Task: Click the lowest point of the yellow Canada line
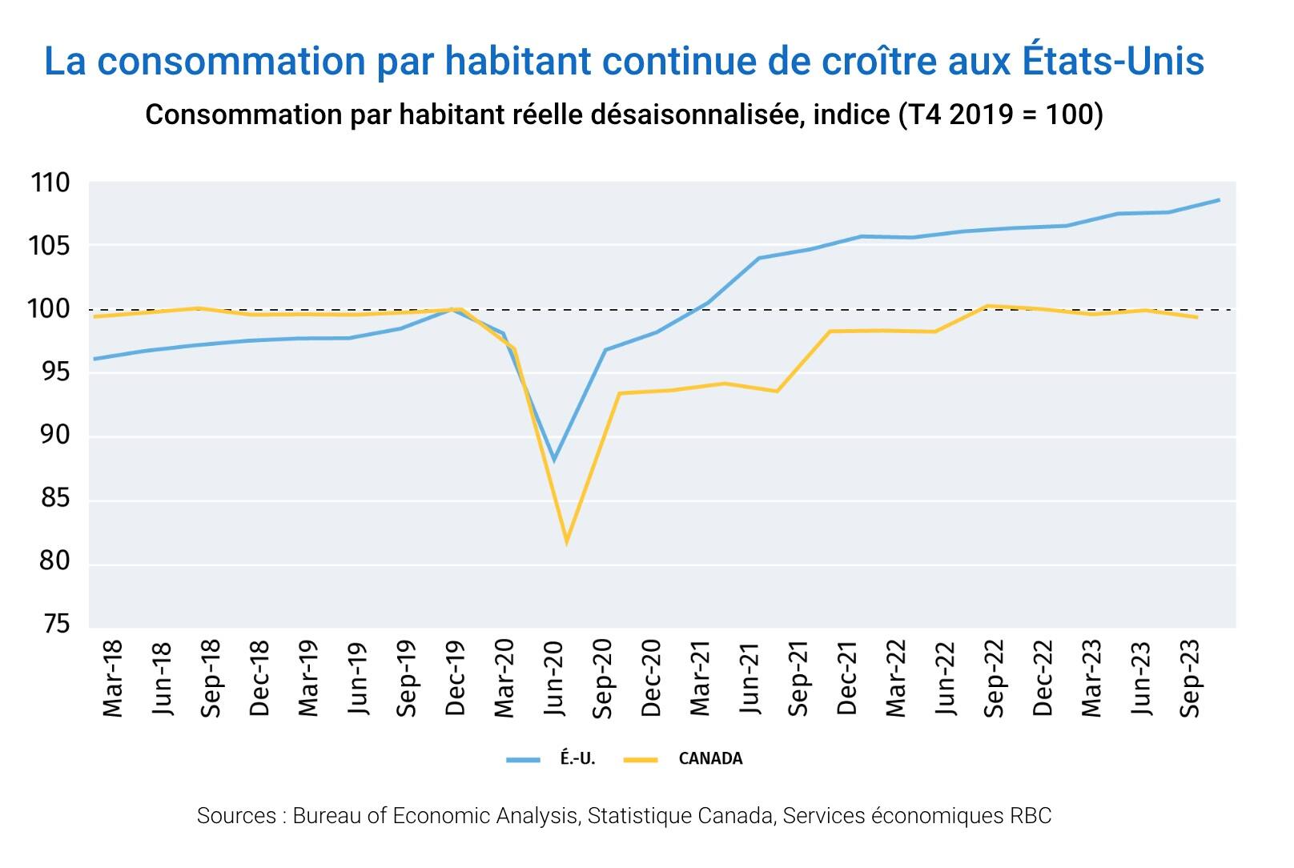pyautogui.click(x=566, y=542)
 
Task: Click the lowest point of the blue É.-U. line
pyautogui.click(x=554, y=460)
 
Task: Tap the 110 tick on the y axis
pyautogui.click(x=51, y=183)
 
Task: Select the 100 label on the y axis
pyautogui.click(x=51, y=310)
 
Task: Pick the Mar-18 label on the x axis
pyautogui.click(x=113, y=677)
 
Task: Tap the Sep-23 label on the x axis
pyautogui.click(x=1191, y=677)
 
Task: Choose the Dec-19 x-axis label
pyautogui.click(x=456, y=677)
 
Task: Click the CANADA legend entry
pyautogui.click(x=709, y=759)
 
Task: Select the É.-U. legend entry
pyautogui.click(x=577, y=759)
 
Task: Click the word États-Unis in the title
pyautogui.click(x=1115, y=62)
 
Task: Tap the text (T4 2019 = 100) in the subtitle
pyautogui.click(x=1000, y=115)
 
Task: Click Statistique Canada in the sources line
pyautogui.click(x=681, y=816)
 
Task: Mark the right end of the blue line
pyautogui.click(x=1219, y=199)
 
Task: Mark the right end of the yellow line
pyautogui.click(x=1196, y=318)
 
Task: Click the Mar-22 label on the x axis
pyautogui.click(x=896, y=677)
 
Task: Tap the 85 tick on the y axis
pyautogui.click(x=51, y=499)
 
